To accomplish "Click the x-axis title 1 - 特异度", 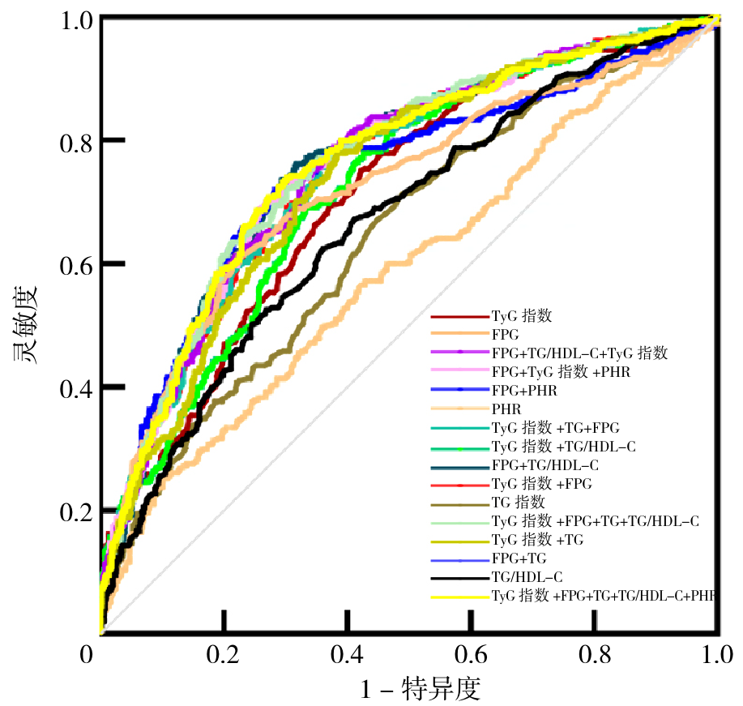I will point(421,689).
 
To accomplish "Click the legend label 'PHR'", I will point(506,409).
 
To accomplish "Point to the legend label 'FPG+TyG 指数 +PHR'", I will point(561,371).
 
